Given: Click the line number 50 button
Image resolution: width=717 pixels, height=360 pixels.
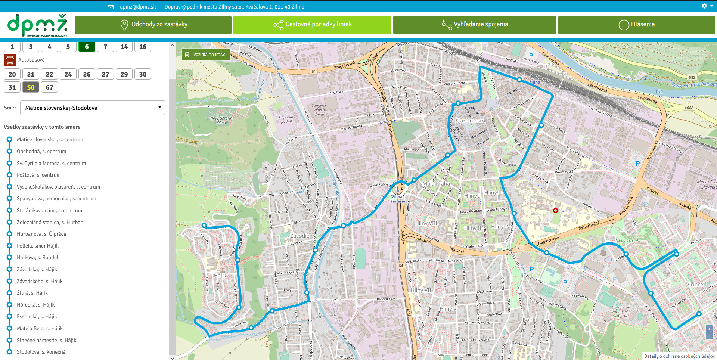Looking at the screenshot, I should [x=31, y=87].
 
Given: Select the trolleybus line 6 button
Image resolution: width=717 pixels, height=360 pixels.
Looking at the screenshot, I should [x=87, y=47].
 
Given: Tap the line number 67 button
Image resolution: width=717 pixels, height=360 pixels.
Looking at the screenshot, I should [x=49, y=87].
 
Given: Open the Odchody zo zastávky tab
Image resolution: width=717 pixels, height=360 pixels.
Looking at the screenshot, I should [x=153, y=25].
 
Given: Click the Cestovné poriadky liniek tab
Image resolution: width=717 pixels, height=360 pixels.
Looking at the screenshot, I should [x=312, y=25].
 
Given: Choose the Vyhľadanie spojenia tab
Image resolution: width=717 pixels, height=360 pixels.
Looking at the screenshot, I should [x=475, y=25].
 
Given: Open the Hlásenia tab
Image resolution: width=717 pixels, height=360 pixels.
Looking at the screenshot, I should [x=636, y=25].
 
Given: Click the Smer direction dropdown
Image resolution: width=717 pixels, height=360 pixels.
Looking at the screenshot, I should [x=93, y=108].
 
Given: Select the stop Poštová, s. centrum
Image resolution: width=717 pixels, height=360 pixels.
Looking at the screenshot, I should [x=38, y=175].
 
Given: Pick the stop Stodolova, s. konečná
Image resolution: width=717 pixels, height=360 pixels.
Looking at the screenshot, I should [x=41, y=352].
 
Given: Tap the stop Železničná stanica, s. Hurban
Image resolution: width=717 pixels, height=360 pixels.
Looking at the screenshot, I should [x=50, y=222].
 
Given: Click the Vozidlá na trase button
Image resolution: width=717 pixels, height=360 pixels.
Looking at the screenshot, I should [x=205, y=55].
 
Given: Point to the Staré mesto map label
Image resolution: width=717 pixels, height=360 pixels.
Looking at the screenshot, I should [x=470, y=121].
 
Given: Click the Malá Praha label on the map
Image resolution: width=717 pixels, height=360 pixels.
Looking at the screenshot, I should [x=436, y=184].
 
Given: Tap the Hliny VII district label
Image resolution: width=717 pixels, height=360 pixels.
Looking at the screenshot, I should [x=421, y=290].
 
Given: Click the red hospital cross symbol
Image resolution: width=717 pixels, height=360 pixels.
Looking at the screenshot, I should [x=556, y=211].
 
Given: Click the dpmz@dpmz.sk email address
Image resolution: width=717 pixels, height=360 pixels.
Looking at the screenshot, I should [x=138, y=7].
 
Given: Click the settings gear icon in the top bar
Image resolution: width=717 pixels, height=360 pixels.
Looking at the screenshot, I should [x=704, y=6].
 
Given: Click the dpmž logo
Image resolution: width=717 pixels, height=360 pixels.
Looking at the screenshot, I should [x=37, y=25].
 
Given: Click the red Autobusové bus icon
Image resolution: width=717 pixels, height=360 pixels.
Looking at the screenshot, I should [x=10, y=60].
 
